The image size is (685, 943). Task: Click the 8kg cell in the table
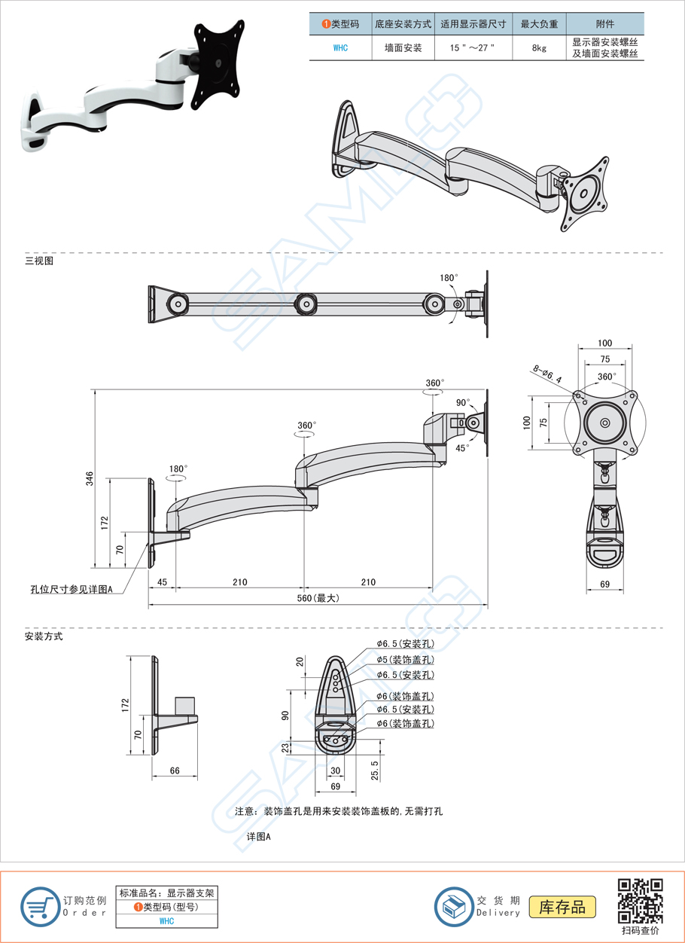pos(538,47)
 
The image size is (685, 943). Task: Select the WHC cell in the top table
pos(340,47)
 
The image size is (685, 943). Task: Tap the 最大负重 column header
pos(538,24)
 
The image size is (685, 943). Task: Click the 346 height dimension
pos(89,478)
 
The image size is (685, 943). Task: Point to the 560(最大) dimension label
pos(317,598)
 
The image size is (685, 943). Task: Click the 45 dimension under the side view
pos(161,582)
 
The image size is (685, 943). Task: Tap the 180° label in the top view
pos(449,278)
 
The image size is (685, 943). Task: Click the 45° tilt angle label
pos(462,447)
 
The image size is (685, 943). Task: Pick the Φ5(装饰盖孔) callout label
pos(405,660)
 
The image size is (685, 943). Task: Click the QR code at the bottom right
pos(640,901)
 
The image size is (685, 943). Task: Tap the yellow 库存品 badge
pos(562,906)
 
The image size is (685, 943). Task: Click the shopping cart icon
pos(39,907)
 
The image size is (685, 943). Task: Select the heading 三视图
pos(39,261)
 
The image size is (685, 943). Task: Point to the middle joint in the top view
pos(306,304)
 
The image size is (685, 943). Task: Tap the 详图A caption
pos(258,837)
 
